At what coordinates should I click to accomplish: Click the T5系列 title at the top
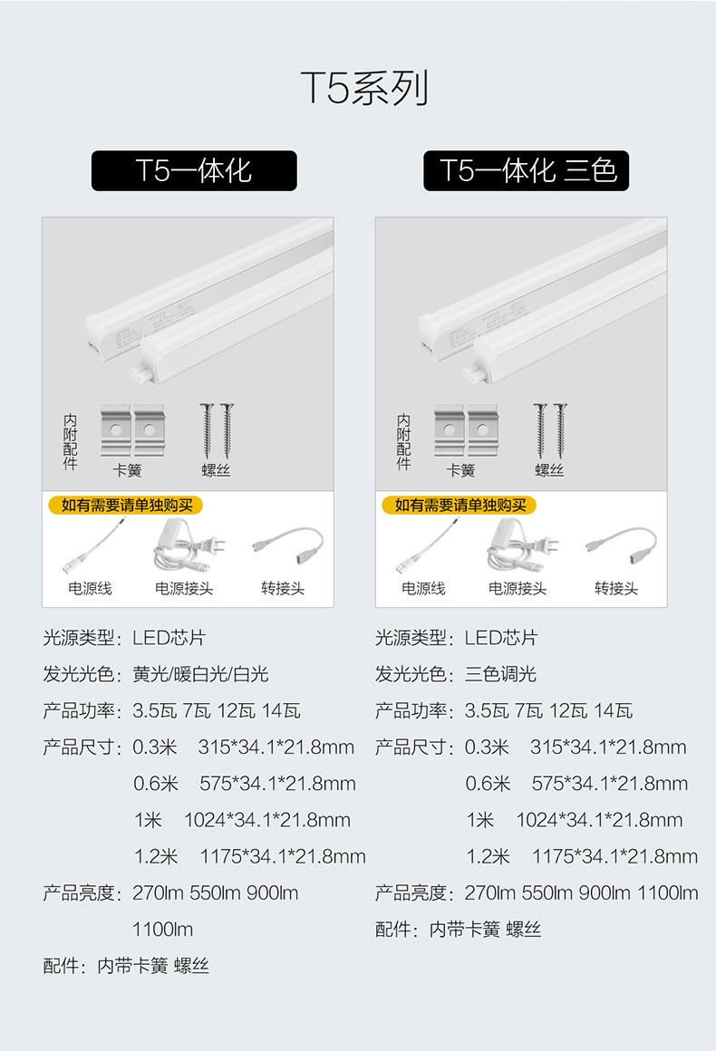point(364,88)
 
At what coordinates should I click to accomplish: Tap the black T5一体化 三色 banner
point(526,170)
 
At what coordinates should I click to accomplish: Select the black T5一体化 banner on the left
point(194,170)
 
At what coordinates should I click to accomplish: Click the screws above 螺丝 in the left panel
point(217,431)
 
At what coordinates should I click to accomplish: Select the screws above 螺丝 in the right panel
point(549,431)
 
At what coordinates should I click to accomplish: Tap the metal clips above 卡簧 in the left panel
point(131,431)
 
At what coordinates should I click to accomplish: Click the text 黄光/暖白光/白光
point(200,674)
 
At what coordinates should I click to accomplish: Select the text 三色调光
point(500,674)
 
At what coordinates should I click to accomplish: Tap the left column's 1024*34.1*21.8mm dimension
point(266,820)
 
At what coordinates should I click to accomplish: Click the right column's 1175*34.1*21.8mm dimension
point(614,856)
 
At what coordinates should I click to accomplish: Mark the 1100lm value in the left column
point(163,929)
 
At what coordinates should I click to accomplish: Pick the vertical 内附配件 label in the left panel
point(70,442)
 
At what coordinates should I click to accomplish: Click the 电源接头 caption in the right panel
point(518,589)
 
